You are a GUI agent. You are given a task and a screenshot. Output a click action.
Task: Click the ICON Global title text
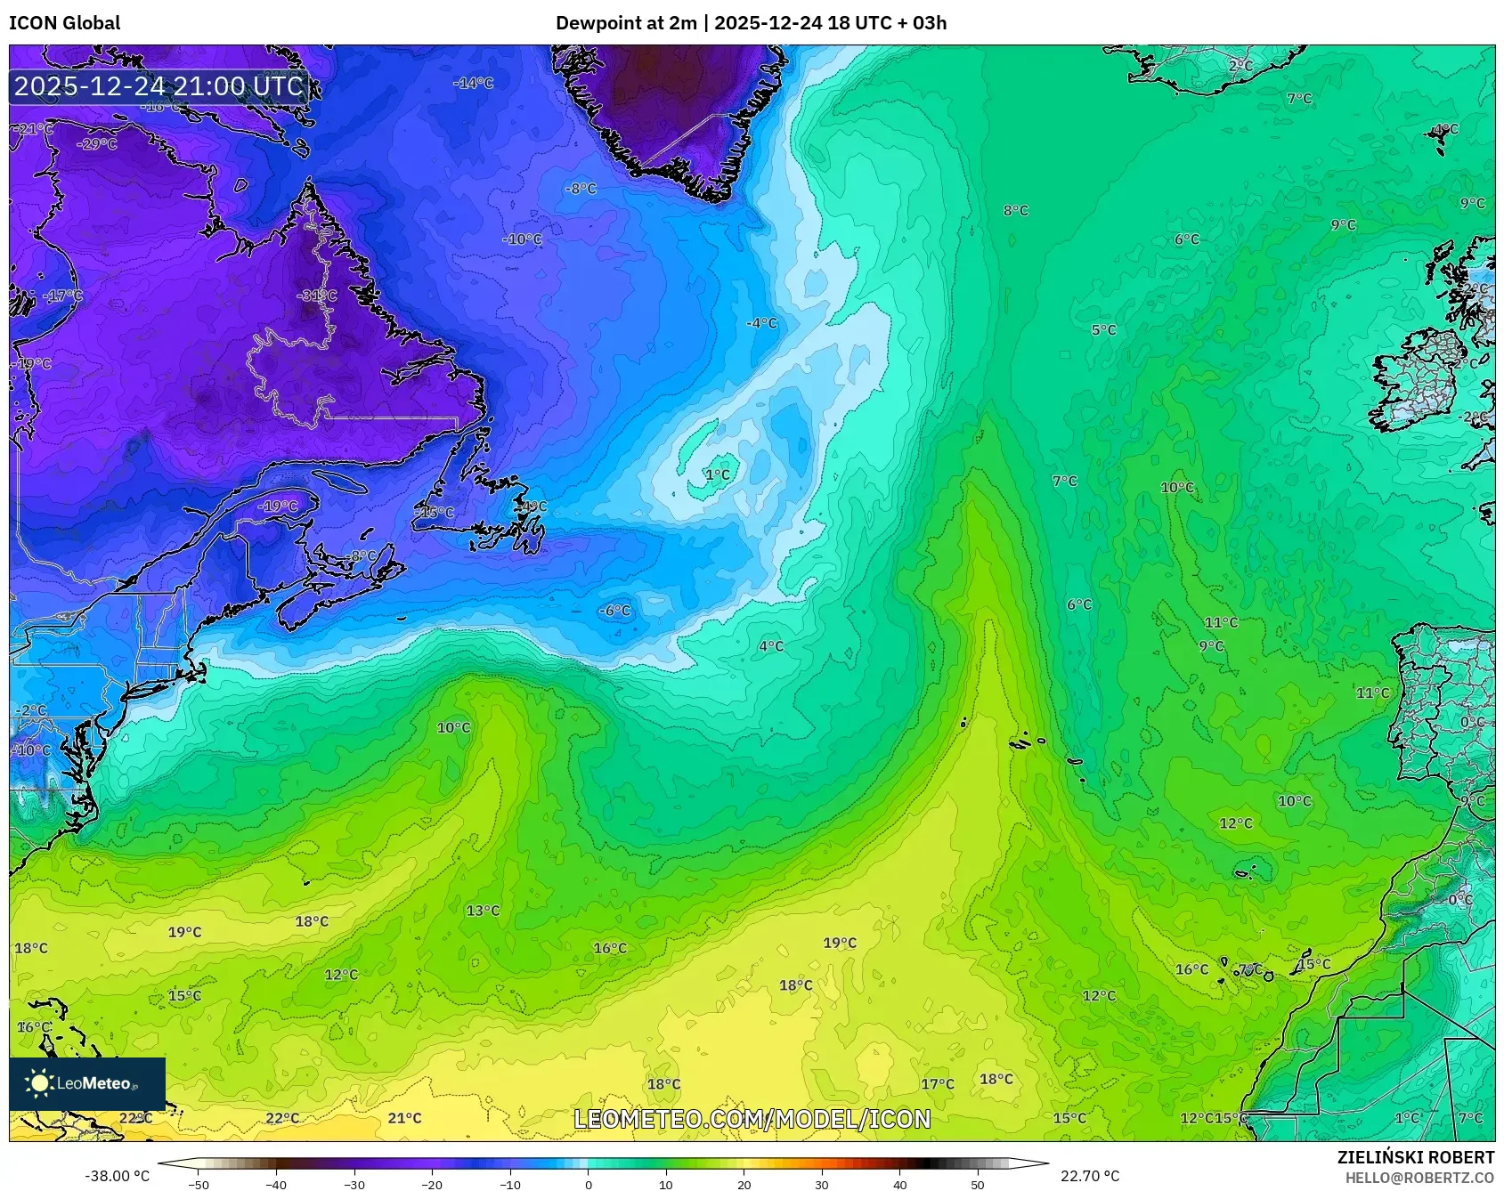pyautogui.click(x=64, y=23)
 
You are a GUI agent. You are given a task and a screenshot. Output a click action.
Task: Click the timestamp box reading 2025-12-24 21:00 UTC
pyautogui.click(x=159, y=86)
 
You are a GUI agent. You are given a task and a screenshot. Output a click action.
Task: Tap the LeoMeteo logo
pyautogui.click(x=87, y=1083)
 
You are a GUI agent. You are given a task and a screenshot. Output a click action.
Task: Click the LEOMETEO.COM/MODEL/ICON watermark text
pyautogui.click(x=752, y=1119)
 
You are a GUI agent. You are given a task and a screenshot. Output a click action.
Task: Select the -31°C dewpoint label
pyautogui.click(x=317, y=296)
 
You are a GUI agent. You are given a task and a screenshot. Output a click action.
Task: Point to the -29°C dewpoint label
pyautogui.click(x=97, y=144)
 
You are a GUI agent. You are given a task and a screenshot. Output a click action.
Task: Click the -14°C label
pyautogui.click(x=473, y=83)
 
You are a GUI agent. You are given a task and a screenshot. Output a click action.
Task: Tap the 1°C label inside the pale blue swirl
pyautogui.click(x=718, y=474)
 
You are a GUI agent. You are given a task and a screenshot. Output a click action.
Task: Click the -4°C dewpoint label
pyautogui.click(x=761, y=323)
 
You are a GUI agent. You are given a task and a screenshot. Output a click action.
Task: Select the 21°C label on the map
pyautogui.click(x=404, y=1118)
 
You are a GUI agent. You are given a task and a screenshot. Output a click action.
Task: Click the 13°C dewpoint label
pyautogui.click(x=483, y=911)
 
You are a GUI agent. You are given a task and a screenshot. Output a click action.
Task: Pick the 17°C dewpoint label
pyautogui.click(x=937, y=1084)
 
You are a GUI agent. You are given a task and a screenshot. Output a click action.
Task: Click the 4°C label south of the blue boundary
pyautogui.click(x=771, y=646)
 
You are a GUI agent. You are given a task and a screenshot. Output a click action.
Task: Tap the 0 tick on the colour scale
pyautogui.click(x=588, y=1184)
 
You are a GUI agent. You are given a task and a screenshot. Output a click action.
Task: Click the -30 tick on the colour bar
pyautogui.click(x=354, y=1184)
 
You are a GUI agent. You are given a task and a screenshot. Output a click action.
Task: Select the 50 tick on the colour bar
pyautogui.click(x=978, y=1184)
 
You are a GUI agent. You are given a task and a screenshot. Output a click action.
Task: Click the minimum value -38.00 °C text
pyautogui.click(x=117, y=1176)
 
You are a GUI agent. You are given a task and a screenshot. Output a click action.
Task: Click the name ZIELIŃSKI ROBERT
pyautogui.click(x=1415, y=1157)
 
